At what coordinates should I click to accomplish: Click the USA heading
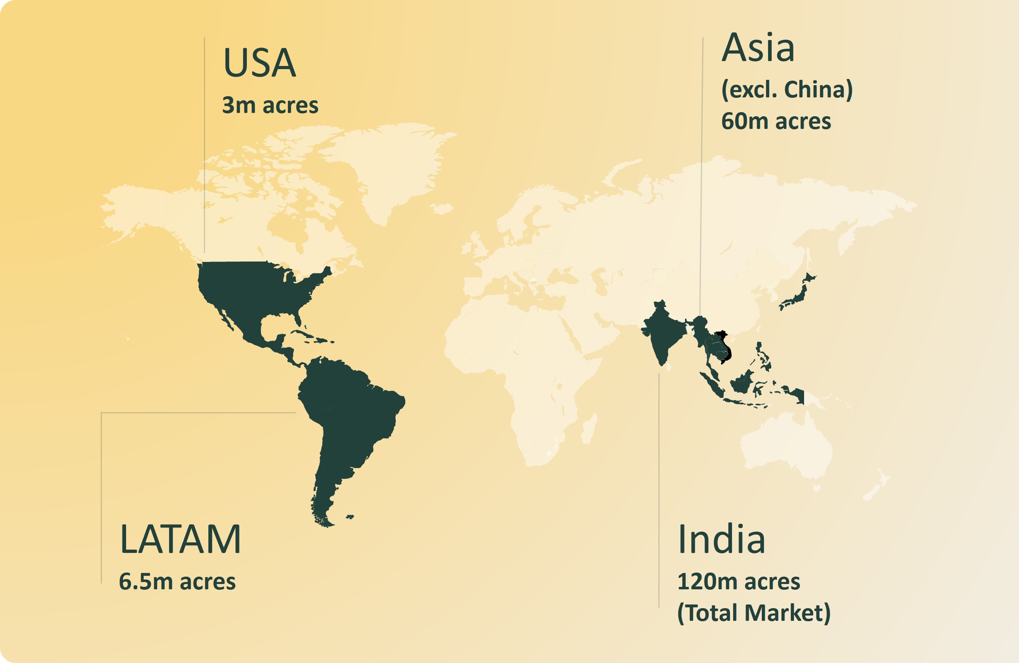(x=260, y=63)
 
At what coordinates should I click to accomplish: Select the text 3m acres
(x=270, y=105)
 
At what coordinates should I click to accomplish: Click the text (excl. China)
(x=787, y=90)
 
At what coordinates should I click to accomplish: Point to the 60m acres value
(x=776, y=121)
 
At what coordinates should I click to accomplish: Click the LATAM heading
(x=180, y=539)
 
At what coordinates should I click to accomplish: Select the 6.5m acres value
(x=177, y=581)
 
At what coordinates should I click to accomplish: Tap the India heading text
(x=721, y=539)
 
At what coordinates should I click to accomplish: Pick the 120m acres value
(x=739, y=581)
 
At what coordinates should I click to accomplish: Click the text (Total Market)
(x=754, y=613)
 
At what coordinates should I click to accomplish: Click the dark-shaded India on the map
(x=662, y=334)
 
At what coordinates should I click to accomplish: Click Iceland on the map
(x=442, y=208)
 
